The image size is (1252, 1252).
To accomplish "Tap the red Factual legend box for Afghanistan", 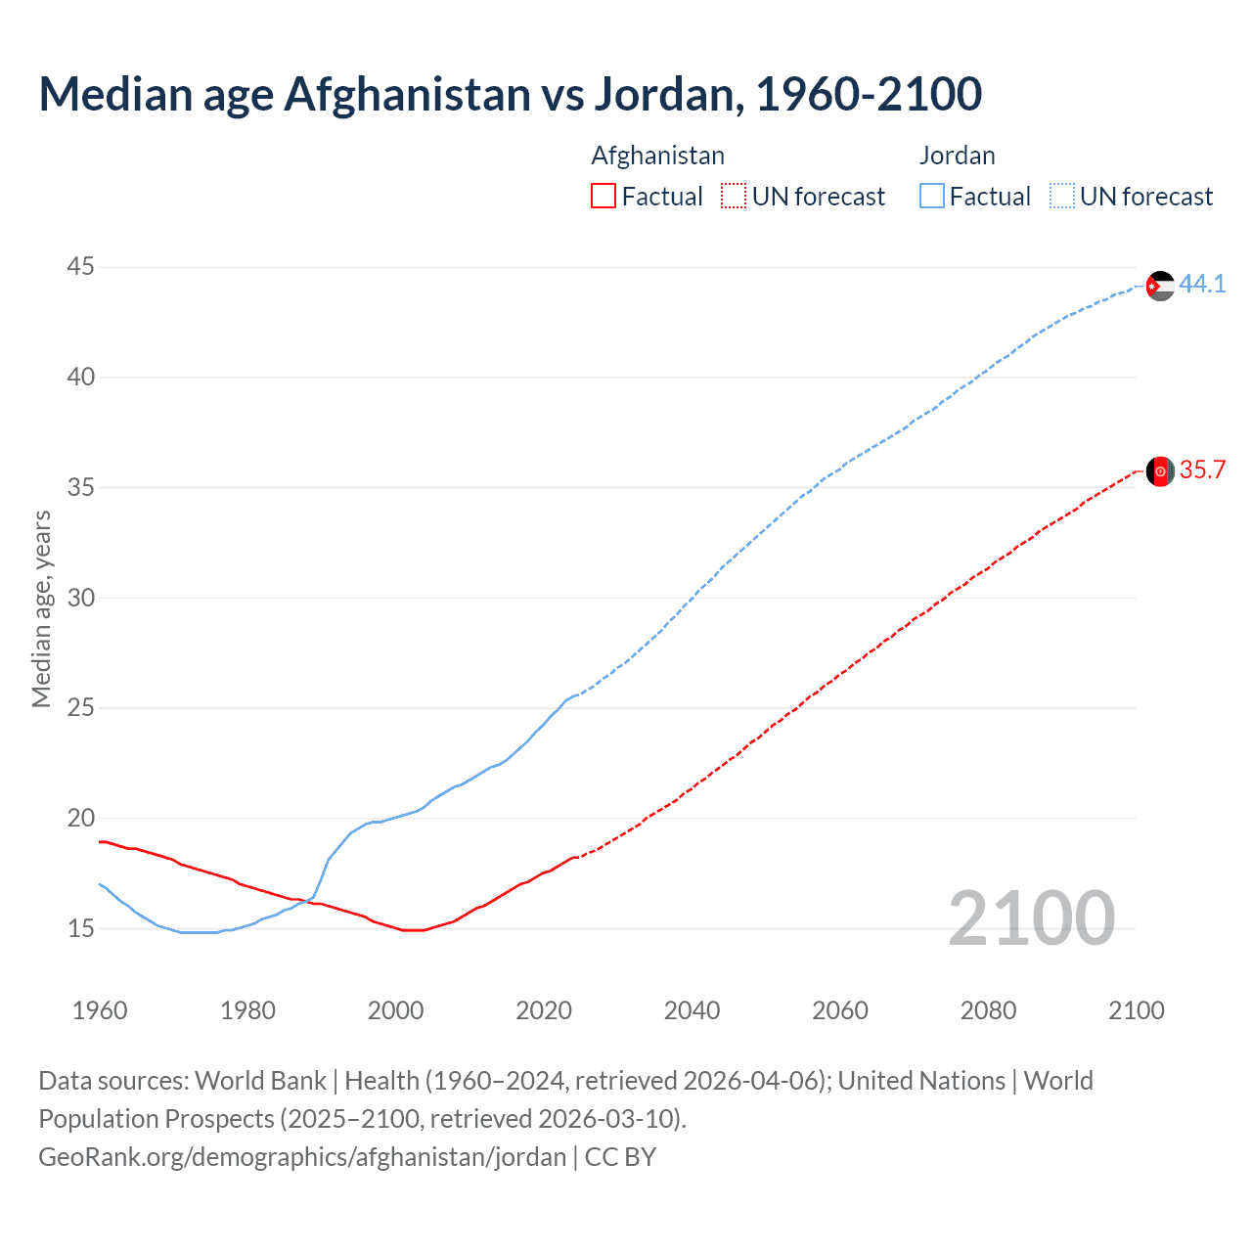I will (604, 197).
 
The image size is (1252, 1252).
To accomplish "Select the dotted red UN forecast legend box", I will (734, 197).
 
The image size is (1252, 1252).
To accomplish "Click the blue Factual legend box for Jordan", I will (932, 197).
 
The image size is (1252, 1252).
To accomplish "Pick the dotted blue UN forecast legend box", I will (1062, 197).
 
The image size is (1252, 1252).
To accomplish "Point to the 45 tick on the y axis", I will (81, 267).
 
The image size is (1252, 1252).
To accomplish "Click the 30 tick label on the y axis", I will (81, 598).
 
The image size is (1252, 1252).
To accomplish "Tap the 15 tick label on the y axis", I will (81, 928).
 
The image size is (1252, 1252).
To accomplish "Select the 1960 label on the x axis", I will (100, 1010).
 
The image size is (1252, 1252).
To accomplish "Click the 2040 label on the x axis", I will (692, 1010).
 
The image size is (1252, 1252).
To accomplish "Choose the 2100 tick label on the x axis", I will (1136, 1010).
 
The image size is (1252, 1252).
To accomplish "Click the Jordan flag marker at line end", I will (1160, 286).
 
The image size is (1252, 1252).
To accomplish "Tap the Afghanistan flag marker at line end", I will (1160, 471).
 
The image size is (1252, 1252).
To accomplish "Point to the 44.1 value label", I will (1202, 285).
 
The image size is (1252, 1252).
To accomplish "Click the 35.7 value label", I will (1202, 470).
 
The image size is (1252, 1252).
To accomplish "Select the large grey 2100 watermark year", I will (1031, 918).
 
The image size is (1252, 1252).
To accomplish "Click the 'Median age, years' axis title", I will (41, 608).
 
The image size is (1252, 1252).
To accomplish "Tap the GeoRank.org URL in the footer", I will (302, 1157).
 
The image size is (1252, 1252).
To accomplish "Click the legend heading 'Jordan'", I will (957, 156).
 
